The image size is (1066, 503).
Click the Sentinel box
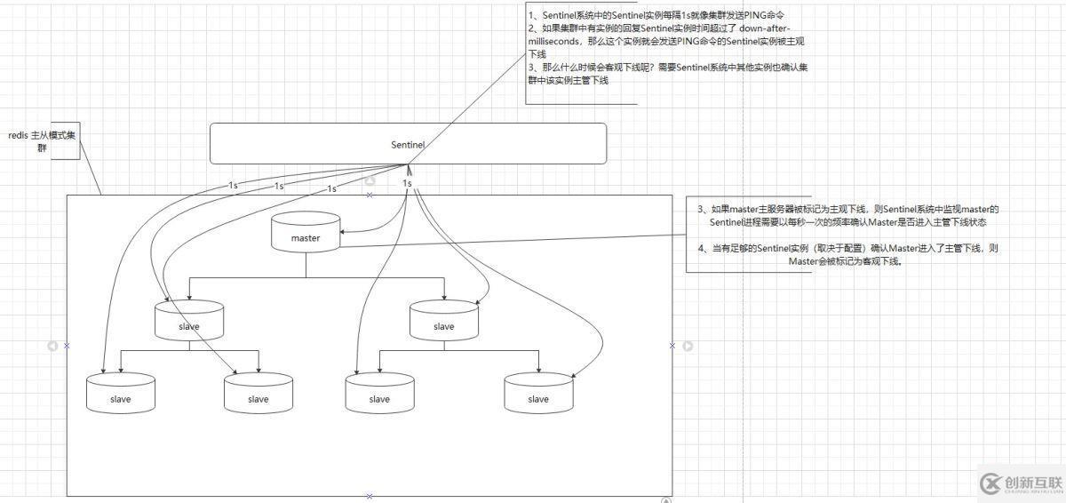coord(408,144)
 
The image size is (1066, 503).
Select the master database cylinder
coord(306,233)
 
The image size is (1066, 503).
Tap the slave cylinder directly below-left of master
coord(188,321)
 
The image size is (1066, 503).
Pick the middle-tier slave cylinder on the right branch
coord(443,321)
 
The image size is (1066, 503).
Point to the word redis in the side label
coord(18,135)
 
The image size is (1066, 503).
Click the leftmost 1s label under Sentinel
coord(233,185)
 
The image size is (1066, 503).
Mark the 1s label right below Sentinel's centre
coord(407,183)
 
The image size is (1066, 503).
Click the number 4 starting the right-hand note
coord(702,249)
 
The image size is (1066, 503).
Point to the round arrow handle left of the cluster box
coord(52,346)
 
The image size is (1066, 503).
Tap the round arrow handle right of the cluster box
coord(687,346)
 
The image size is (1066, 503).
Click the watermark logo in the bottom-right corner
coord(989,483)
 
